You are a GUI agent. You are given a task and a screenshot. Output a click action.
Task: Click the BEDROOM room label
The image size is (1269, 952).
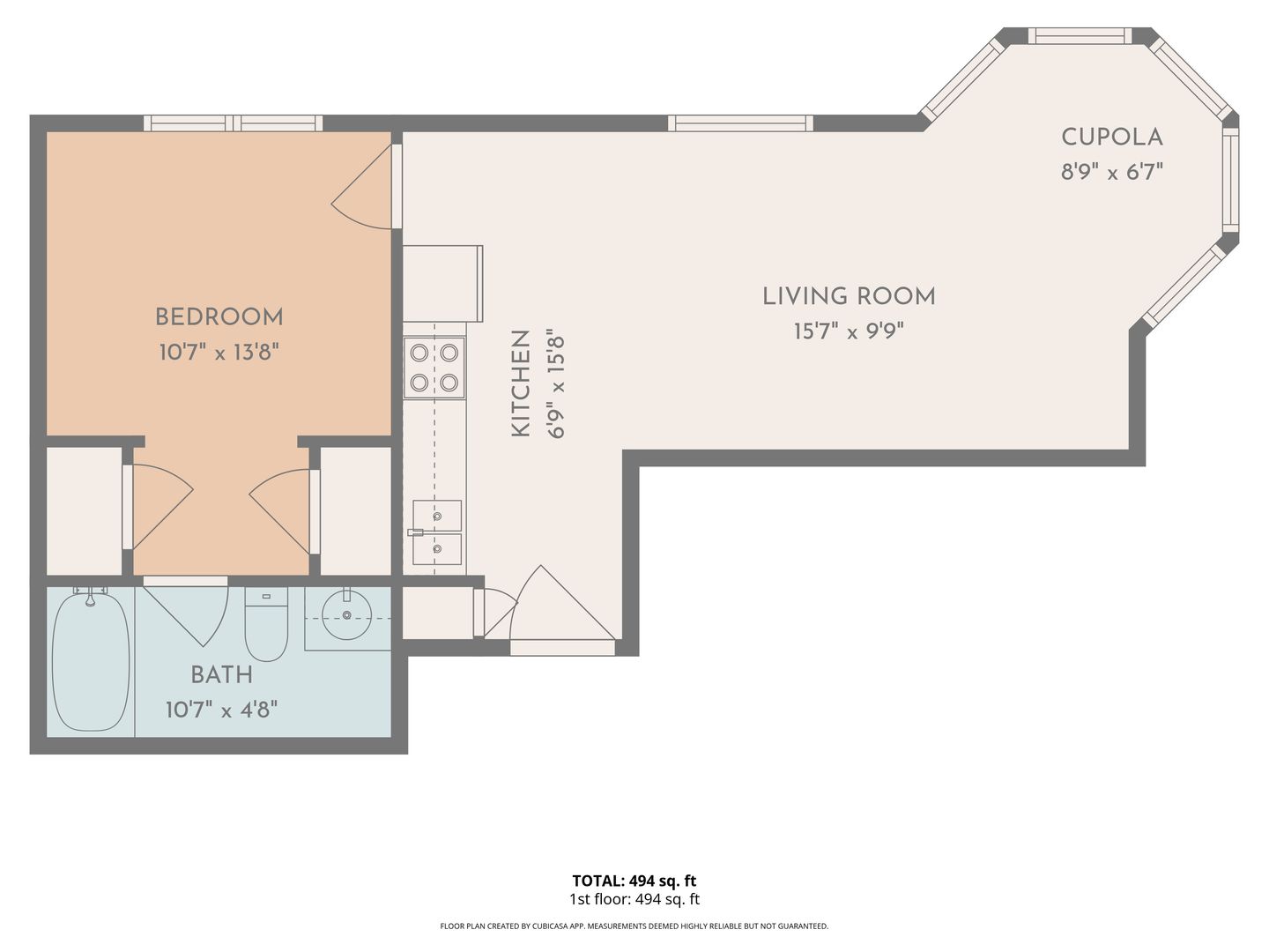point(219,316)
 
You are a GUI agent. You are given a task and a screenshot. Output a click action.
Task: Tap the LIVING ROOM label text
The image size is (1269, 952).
point(849,296)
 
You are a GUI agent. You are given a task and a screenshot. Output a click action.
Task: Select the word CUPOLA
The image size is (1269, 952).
point(1112,137)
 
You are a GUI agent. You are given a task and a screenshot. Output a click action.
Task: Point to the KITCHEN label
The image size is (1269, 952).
point(521,383)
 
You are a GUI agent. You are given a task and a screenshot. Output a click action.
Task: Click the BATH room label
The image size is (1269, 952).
point(221,674)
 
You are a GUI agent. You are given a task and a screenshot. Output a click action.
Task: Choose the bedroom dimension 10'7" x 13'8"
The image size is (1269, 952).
point(219,352)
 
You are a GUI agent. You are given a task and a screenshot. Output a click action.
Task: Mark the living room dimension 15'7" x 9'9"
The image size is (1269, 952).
point(849,331)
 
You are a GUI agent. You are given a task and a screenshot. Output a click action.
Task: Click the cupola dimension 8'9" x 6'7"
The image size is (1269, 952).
point(1112,172)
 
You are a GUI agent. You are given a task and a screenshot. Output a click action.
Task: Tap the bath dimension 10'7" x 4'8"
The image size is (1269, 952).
point(221,710)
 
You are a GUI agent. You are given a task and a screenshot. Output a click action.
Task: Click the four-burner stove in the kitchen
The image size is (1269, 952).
point(434,368)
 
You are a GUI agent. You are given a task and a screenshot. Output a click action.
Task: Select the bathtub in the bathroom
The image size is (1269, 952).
point(91,660)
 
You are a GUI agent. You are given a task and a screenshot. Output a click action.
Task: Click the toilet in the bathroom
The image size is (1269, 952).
point(266,624)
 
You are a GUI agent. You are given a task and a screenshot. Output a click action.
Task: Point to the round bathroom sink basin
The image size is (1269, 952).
point(347,615)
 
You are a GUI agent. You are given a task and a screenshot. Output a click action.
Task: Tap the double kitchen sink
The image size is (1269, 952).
point(437,532)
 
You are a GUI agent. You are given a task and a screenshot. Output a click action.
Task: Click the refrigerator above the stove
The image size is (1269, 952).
point(443,283)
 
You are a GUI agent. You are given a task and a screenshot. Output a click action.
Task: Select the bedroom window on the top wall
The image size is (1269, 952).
point(233,123)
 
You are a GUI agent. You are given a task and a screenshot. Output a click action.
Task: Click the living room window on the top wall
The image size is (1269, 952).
point(740,123)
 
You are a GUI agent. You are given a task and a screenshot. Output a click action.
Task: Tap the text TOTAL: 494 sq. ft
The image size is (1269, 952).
point(634,881)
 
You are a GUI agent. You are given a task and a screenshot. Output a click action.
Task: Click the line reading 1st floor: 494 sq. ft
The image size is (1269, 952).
point(634,899)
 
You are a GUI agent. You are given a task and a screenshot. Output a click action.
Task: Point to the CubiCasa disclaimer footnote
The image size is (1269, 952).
point(634,926)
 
